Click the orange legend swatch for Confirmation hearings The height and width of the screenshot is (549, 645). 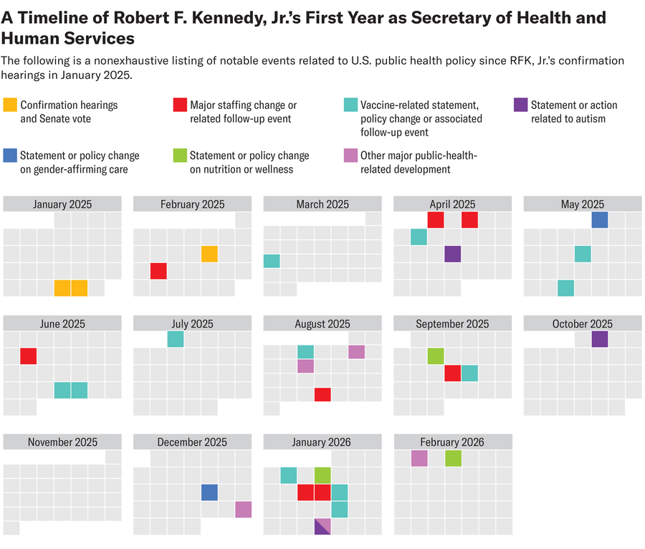(x=11, y=105)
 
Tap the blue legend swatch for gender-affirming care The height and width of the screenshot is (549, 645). (x=11, y=156)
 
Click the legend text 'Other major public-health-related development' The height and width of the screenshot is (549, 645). (x=419, y=162)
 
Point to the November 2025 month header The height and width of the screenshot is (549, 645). (x=62, y=442)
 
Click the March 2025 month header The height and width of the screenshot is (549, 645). (x=322, y=204)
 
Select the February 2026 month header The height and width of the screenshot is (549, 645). (x=452, y=442)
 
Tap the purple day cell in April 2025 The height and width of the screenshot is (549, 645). (x=452, y=254)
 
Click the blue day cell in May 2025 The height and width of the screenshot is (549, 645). (x=600, y=220)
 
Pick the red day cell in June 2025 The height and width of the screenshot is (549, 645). (x=28, y=356)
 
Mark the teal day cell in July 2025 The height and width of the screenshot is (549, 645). (x=176, y=339)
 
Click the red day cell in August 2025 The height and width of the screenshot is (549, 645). (x=322, y=394)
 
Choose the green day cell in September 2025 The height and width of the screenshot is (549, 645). (x=435, y=356)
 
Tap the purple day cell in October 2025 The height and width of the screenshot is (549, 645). (x=600, y=339)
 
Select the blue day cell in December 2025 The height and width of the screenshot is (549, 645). (x=209, y=492)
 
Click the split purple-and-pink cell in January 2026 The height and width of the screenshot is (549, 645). (x=322, y=526)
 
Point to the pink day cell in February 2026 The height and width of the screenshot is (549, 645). (x=419, y=458)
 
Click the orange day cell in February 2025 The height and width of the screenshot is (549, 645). (x=209, y=254)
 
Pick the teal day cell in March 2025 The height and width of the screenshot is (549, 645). (x=272, y=261)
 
